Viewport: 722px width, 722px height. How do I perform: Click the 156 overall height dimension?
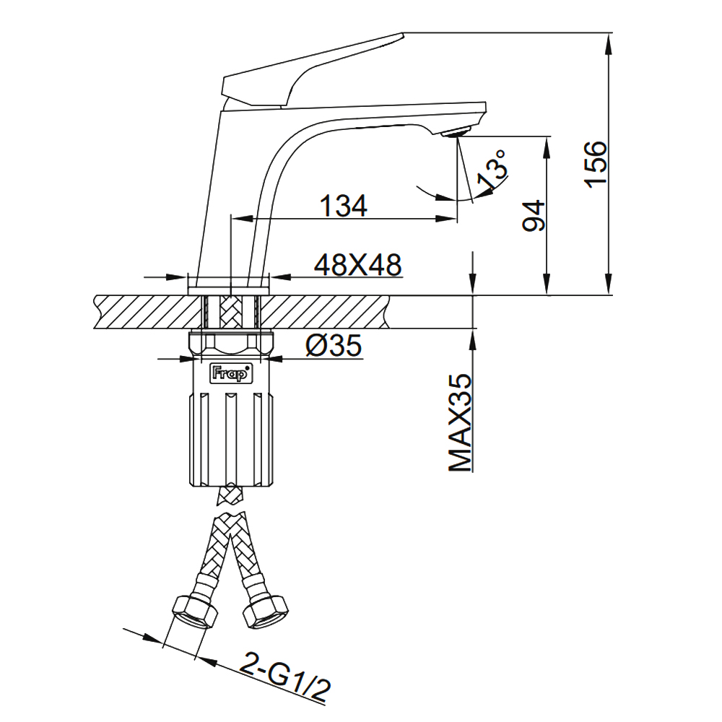(x=596, y=164)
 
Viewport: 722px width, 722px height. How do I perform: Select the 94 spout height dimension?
(x=534, y=215)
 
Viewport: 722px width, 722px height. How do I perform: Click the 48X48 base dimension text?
(x=358, y=265)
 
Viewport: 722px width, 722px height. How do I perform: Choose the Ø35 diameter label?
(x=334, y=345)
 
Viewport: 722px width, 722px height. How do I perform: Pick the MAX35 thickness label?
(x=461, y=422)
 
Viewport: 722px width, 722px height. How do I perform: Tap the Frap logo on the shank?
(x=231, y=373)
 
